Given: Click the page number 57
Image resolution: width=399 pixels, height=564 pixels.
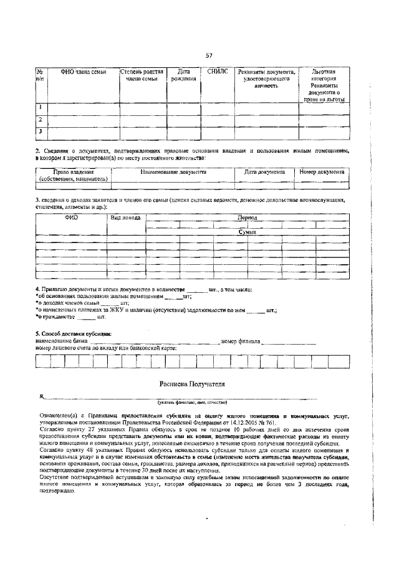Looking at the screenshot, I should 209,56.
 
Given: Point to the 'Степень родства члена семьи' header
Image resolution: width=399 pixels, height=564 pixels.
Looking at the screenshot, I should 142,75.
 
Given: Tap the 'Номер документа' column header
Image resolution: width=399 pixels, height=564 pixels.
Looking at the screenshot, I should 322,171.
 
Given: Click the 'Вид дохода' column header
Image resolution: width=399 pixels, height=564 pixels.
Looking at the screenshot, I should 125,217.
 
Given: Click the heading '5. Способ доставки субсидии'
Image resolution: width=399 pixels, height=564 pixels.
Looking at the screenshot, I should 69,334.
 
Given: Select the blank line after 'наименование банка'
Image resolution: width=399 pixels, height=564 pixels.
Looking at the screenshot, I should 153,343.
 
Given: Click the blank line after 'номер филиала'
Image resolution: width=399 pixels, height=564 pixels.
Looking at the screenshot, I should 289,343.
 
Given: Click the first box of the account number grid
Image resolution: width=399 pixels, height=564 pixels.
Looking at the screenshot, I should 42,361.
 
